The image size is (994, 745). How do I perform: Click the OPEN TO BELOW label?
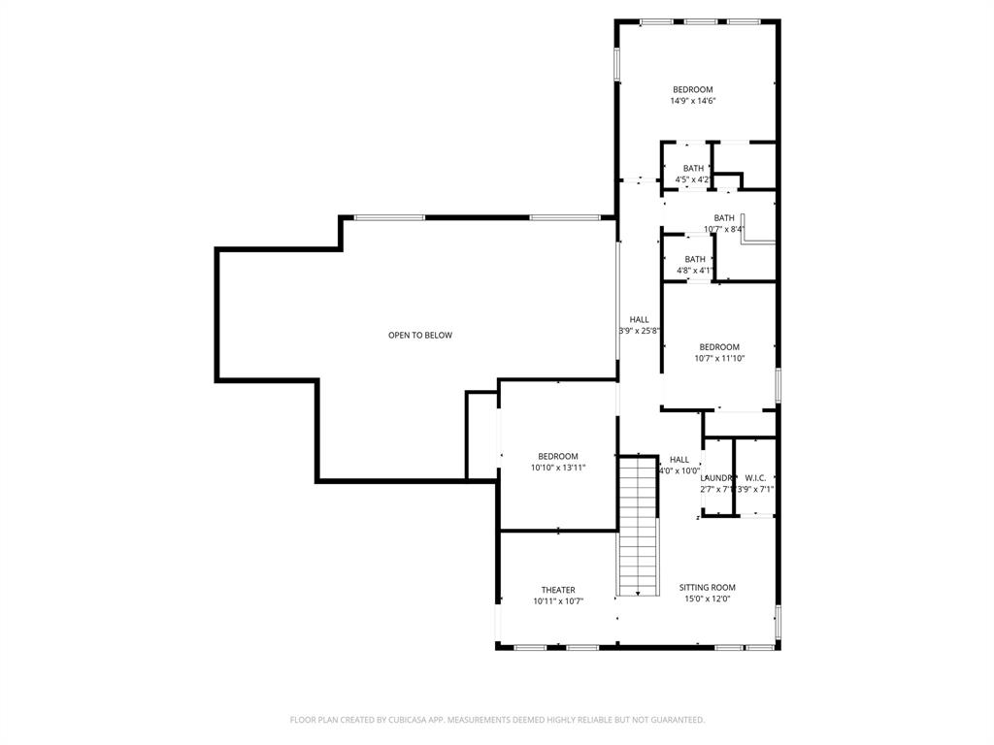click(x=420, y=336)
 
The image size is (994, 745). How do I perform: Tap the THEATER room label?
click(x=558, y=590)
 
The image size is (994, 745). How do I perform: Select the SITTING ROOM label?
click(x=707, y=587)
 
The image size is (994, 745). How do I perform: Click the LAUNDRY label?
click(x=716, y=478)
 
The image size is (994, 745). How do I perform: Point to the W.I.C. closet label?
click(x=755, y=478)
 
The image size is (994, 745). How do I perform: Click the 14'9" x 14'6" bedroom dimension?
click(x=693, y=101)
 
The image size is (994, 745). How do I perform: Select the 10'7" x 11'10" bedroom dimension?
click(x=719, y=358)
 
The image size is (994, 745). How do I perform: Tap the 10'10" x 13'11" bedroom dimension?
click(x=558, y=468)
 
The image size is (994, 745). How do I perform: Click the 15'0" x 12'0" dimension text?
click(x=707, y=599)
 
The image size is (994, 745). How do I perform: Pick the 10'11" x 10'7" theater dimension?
click(x=558, y=601)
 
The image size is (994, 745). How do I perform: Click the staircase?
click(x=638, y=524)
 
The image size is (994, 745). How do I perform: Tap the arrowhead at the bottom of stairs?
click(x=638, y=592)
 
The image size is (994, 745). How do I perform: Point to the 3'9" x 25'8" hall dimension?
click(x=640, y=331)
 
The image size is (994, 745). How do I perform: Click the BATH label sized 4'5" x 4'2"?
click(x=693, y=168)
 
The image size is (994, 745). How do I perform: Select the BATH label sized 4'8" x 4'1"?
click(x=695, y=259)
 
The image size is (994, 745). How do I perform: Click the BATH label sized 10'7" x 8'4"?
click(x=724, y=218)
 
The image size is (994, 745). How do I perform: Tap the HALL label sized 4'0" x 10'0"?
click(x=679, y=460)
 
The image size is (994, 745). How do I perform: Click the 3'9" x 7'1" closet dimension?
click(x=755, y=490)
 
